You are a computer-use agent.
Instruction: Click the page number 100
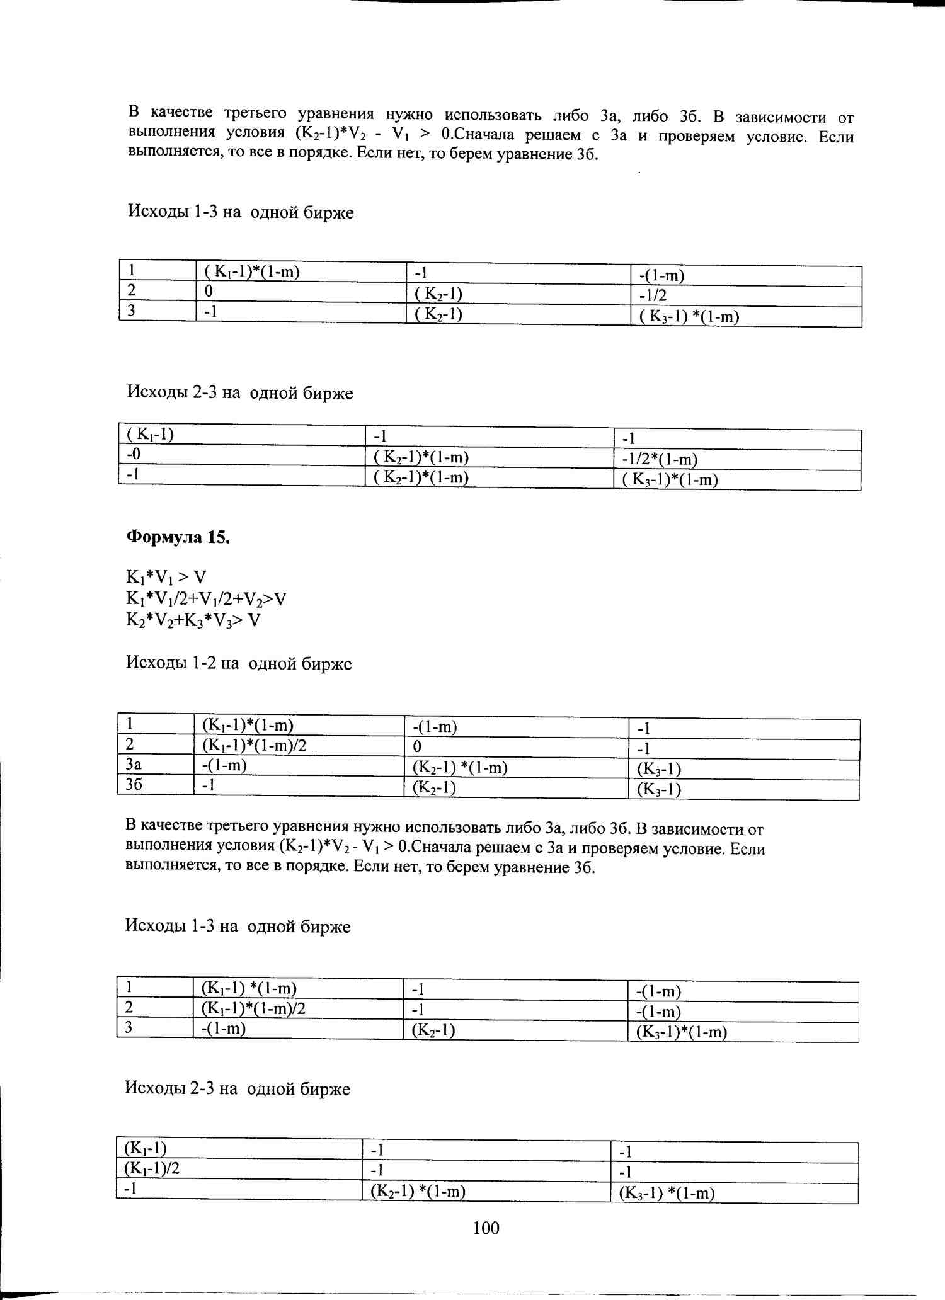point(486,1228)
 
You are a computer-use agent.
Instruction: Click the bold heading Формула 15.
point(178,537)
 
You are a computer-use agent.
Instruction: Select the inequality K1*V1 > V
point(166,577)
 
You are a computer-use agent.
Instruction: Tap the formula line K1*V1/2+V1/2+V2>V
point(206,598)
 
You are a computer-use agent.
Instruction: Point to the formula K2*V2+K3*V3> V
point(193,620)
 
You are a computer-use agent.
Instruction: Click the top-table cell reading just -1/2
point(653,295)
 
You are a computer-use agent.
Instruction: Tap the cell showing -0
point(134,454)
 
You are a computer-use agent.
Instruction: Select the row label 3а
point(134,765)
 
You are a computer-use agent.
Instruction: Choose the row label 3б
point(134,785)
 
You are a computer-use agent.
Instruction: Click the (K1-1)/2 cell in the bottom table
point(152,1169)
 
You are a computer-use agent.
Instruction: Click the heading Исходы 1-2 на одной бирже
point(239,663)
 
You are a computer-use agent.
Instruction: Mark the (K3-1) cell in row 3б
point(659,789)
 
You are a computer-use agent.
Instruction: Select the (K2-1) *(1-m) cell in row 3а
point(460,768)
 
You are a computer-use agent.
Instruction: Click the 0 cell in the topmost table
point(209,291)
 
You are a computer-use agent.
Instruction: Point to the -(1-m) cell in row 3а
point(224,765)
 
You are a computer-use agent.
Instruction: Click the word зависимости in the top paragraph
point(781,117)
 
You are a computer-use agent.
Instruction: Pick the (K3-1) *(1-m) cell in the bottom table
point(667,1193)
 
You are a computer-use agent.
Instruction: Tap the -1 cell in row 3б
point(209,785)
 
